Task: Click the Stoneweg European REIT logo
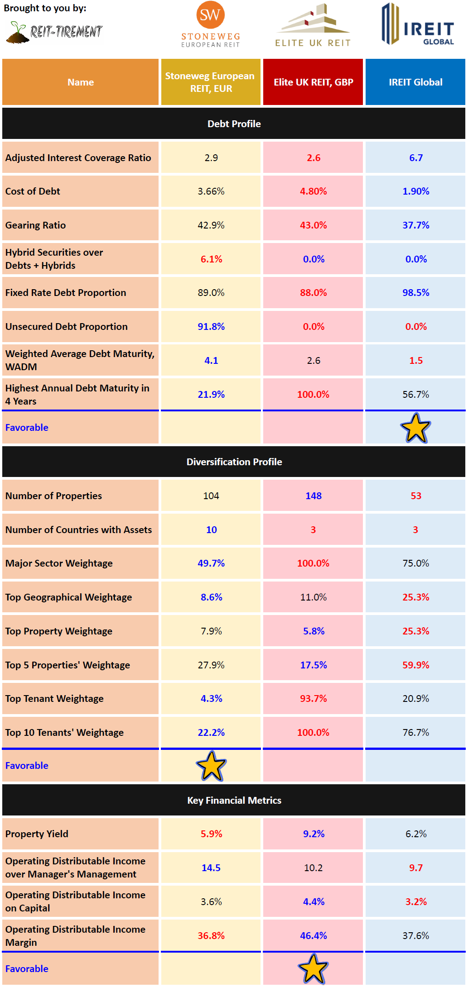(x=210, y=24)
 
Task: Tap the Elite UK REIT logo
(x=313, y=25)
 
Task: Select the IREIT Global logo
(x=417, y=25)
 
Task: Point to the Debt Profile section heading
(x=234, y=124)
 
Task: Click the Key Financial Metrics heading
(x=234, y=800)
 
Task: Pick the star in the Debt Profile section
(x=415, y=428)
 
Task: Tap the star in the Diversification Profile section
(x=211, y=766)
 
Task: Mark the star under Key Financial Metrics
(x=313, y=968)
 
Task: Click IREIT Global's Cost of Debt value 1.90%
(x=416, y=191)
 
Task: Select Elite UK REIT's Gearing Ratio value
(x=313, y=225)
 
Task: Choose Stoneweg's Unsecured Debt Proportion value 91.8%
(x=211, y=327)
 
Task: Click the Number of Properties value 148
(x=313, y=496)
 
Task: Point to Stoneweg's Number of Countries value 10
(x=211, y=530)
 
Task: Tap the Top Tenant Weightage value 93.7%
(x=313, y=699)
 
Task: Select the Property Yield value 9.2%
(x=314, y=834)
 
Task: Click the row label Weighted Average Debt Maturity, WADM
(x=80, y=360)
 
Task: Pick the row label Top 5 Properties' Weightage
(x=68, y=665)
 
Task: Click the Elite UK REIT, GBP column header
(x=313, y=82)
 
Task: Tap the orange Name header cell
(x=81, y=82)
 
